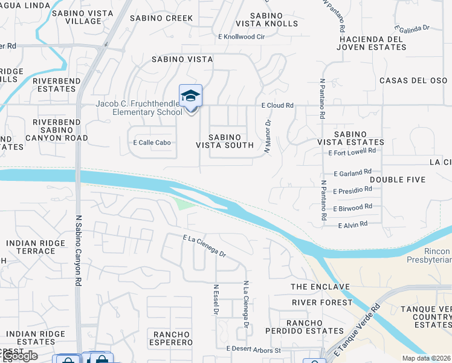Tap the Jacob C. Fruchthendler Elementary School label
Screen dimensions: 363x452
point(138,108)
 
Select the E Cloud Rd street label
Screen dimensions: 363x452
point(277,105)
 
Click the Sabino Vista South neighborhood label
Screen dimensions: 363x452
point(225,141)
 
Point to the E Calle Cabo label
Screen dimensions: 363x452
point(152,143)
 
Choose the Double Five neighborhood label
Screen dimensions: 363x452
point(398,180)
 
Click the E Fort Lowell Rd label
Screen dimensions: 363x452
point(352,152)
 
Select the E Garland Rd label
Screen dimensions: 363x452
point(352,172)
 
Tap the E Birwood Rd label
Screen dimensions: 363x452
point(352,207)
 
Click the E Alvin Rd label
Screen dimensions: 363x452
point(353,224)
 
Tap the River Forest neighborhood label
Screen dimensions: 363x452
point(322,302)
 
